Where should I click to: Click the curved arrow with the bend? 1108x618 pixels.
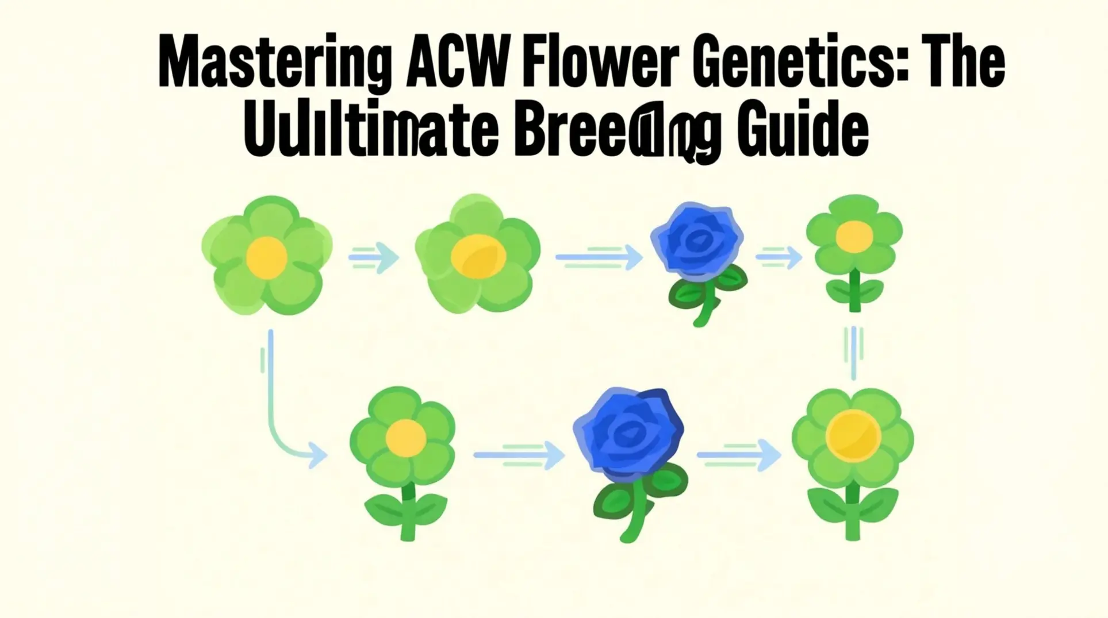276,419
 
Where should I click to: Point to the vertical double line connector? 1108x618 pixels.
854,352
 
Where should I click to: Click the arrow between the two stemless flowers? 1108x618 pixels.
374,257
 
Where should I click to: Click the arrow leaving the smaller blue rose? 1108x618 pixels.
779,257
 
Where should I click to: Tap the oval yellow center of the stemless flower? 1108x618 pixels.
478,257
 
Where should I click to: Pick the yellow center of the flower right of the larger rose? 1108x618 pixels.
853,435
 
